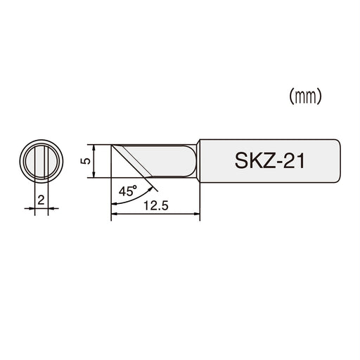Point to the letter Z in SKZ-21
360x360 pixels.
pyautogui.click(x=266, y=162)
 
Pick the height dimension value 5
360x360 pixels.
pyautogui.click(x=84, y=161)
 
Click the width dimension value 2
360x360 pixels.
pyautogui.click(x=41, y=200)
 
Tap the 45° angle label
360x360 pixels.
pyautogui.click(x=129, y=189)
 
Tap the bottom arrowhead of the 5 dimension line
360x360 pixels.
pyautogui.click(x=94, y=177)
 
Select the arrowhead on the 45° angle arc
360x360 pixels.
pyautogui.click(x=153, y=186)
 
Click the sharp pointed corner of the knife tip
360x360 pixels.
pyautogui.click(x=112, y=145)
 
